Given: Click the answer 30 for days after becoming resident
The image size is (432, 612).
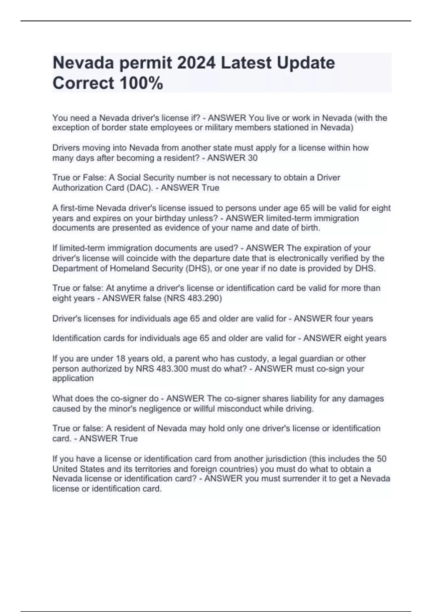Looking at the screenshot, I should coord(253,158).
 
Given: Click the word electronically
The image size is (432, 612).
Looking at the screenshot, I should coord(303,258).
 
